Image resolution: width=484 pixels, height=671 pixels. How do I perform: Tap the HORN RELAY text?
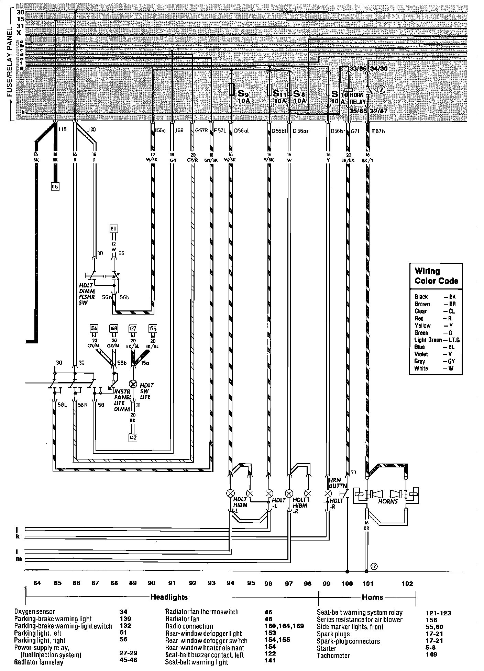pyautogui.click(x=357, y=98)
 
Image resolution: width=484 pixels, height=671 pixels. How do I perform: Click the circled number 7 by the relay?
pyautogui.click(x=382, y=89)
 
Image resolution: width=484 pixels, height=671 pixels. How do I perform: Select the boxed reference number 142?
pyautogui.click(x=133, y=437)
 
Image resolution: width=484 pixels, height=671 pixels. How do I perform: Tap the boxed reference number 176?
pyautogui.click(x=153, y=329)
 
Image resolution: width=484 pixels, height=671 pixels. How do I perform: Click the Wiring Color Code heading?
pyautogui.click(x=436, y=276)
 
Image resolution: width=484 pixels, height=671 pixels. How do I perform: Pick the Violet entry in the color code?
pyautogui.click(x=421, y=354)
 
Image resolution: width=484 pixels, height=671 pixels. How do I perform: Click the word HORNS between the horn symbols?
pyautogui.click(x=387, y=501)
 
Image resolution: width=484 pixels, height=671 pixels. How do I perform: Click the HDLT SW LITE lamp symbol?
pyautogui.click(x=133, y=384)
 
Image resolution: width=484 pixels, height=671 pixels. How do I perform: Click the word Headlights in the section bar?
pyautogui.click(x=169, y=597)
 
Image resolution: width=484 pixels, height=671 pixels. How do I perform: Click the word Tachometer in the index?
pyautogui.click(x=333, y=656)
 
